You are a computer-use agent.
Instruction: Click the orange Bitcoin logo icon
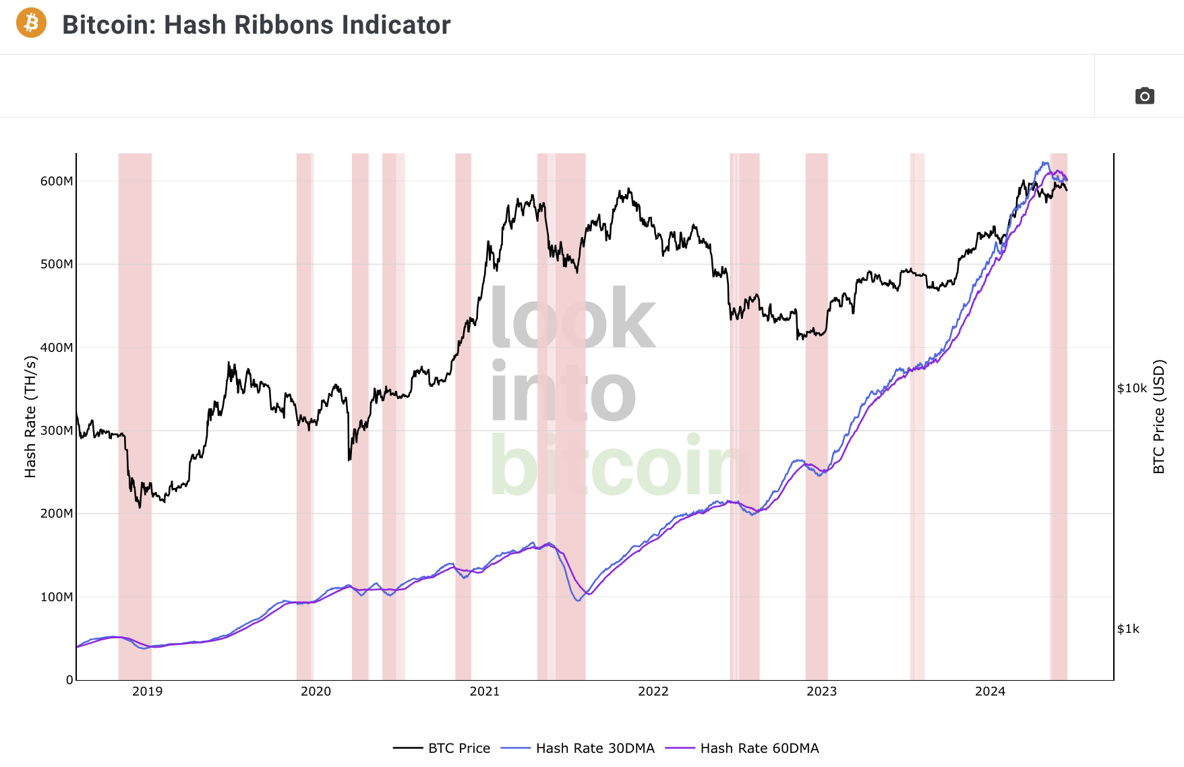coord(31,23)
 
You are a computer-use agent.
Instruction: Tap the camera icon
coord(1144,96)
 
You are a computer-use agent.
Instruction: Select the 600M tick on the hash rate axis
coord(57,181)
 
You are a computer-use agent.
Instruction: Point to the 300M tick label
coord(57,431)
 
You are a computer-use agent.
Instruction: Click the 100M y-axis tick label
coord(57,597)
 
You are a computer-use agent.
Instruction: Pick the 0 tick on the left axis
coord(69,679)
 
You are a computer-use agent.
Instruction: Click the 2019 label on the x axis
coord(147,692)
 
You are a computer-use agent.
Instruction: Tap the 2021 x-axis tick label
coord(484,692)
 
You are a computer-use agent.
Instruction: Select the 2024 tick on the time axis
coord(990,692)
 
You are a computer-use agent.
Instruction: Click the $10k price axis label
coord(1132,388)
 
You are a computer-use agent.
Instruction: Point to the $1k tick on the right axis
coord(1128,629)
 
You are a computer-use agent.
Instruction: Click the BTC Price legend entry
coord(458,748)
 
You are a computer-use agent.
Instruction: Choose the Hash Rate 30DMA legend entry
coord(595,748)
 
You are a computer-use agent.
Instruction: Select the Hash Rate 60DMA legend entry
coord(759,748)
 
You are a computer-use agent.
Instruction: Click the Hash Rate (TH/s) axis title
coord(30,417)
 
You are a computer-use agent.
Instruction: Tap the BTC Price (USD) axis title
coord(1158,417)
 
